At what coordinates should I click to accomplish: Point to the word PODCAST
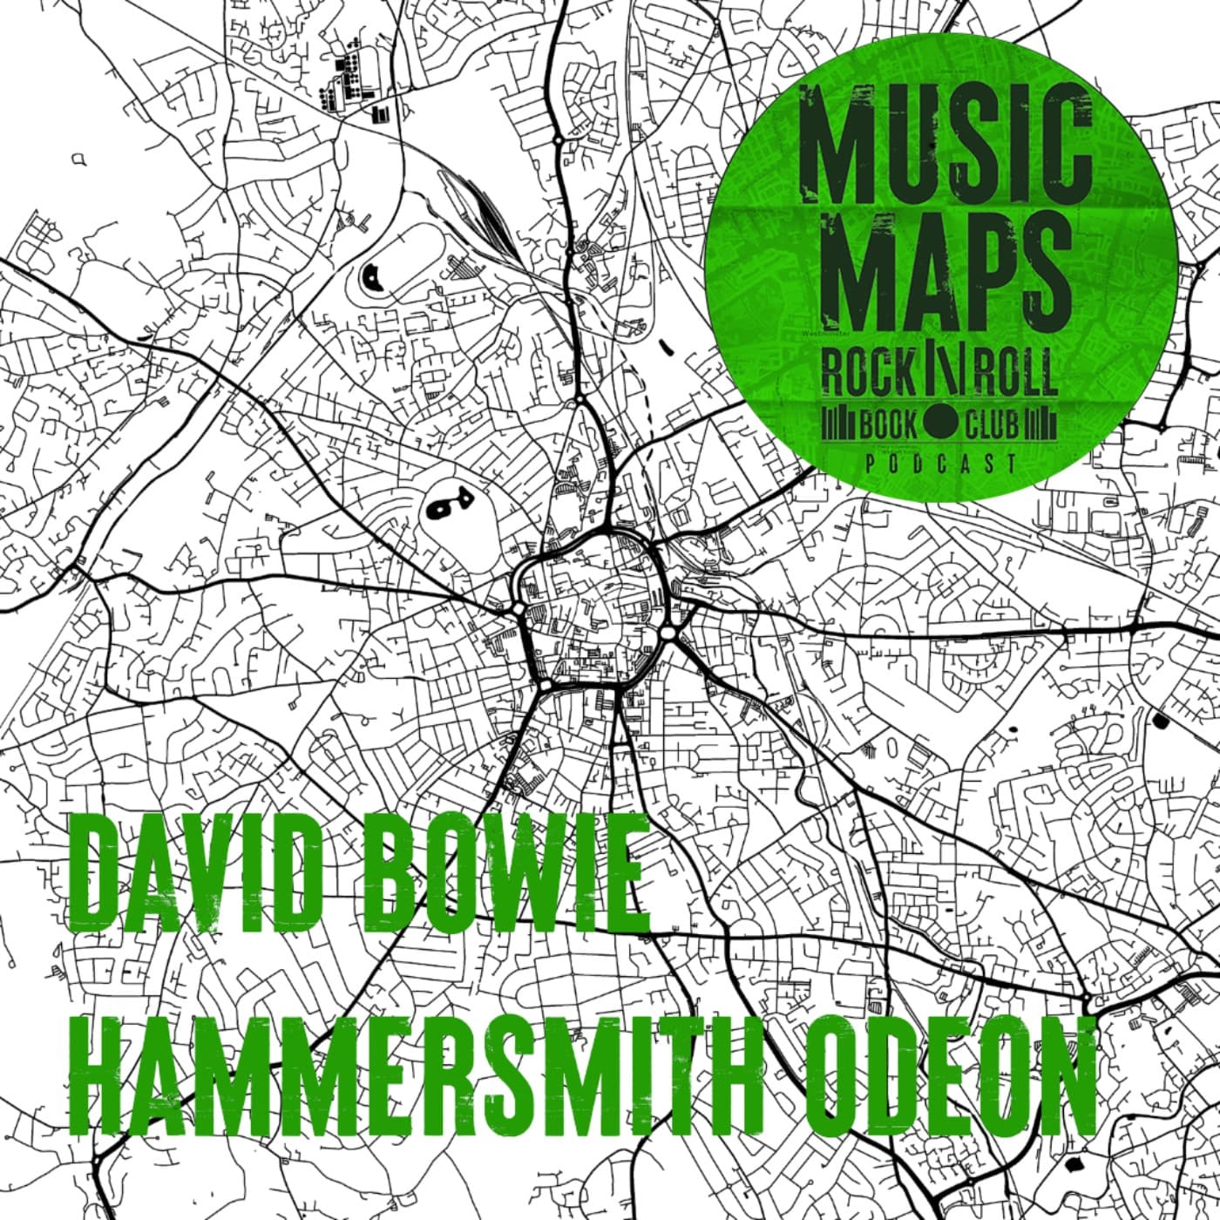pos(941,464)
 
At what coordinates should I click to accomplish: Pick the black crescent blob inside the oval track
pos(374,277)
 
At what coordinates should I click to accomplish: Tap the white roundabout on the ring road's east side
pos(668,631)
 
